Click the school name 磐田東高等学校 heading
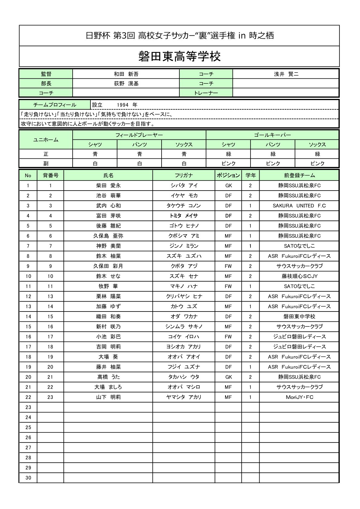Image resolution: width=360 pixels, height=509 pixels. pos(179,57)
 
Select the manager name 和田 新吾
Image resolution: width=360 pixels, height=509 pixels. pos(126,74)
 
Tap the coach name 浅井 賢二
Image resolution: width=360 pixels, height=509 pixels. pos(286,74)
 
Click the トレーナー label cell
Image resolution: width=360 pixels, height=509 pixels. pos(206,93)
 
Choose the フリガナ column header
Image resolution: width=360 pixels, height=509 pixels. pos(184,175)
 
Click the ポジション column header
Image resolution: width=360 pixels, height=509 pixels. pos(228,175)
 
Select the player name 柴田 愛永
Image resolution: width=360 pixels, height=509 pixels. pos(108,186)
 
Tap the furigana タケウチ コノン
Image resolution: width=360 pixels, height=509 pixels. pos(184,206)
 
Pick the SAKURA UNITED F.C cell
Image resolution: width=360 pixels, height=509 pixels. pos(299,206)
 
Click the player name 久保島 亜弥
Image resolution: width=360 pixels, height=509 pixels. pos(108,236)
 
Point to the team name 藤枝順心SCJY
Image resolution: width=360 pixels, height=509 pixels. pos(299,276)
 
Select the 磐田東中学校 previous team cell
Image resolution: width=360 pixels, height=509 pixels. pos(299,317)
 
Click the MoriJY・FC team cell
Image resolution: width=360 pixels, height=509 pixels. pos(299,397)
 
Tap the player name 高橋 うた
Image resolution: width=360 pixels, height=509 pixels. pos(108,377)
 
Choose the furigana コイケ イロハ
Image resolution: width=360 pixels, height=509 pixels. pos(184,337)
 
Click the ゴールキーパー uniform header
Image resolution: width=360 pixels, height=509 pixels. pos(272,135)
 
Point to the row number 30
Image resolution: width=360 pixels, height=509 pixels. pos(28,478)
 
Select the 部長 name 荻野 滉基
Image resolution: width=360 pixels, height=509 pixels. pos(126,83)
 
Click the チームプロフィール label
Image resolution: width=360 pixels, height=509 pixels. pos(55,105)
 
